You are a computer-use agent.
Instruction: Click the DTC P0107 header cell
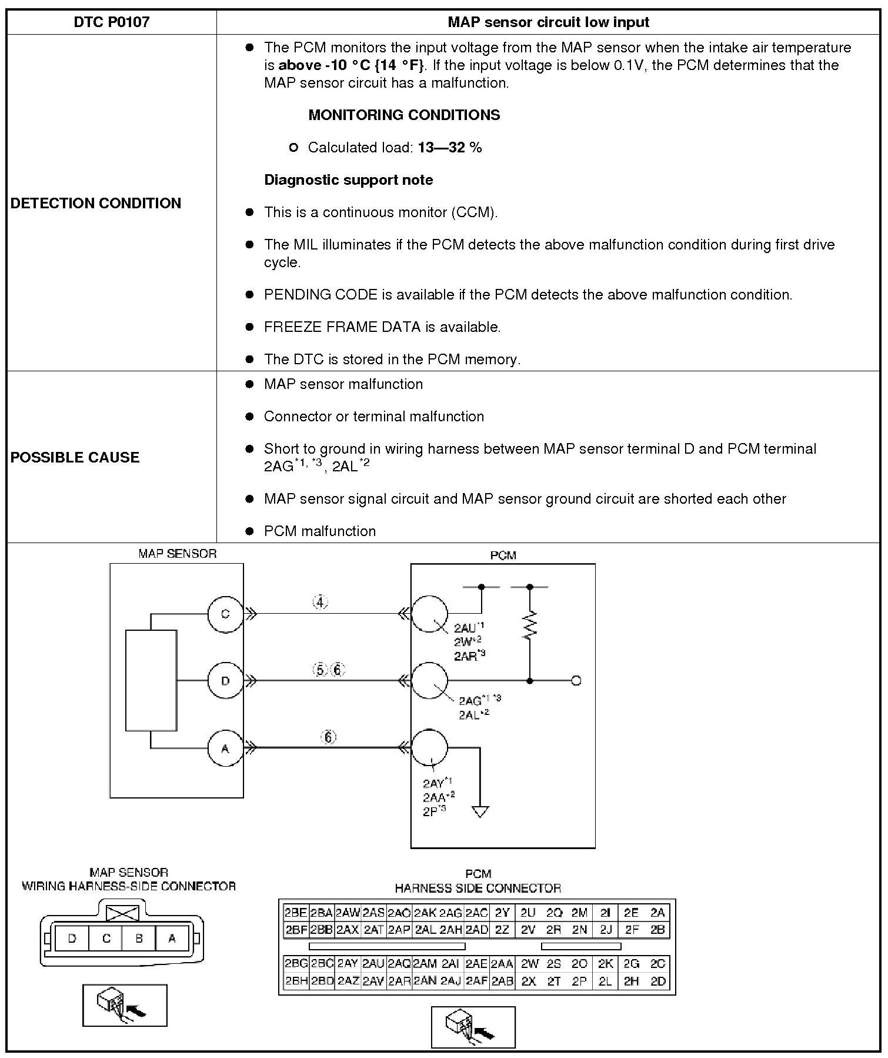coord(111,22)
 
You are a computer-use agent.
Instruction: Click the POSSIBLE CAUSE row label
coord(75,457)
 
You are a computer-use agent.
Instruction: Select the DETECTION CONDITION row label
coord(96,203)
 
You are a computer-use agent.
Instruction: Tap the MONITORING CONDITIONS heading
coord(404,115)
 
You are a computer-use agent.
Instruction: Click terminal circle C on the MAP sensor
coord(225,614)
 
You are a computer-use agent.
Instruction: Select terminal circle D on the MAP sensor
coord(225,681)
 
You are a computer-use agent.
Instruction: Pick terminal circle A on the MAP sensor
coord(225,748)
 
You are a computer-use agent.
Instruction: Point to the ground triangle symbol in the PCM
coord(480,811)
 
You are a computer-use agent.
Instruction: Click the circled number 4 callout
coord(320,603)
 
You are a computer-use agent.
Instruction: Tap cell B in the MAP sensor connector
coord(139,939)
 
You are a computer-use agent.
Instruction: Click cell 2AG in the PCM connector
coord(450,913)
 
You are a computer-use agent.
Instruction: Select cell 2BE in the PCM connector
coord(295,913)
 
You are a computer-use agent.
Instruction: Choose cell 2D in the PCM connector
coord(658,981)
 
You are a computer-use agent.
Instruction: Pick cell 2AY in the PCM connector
coord(348,964)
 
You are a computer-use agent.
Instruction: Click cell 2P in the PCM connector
coord(579,981)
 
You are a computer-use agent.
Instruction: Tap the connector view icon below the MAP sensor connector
coord(125,1005)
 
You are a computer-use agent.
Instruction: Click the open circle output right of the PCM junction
coord(576,681)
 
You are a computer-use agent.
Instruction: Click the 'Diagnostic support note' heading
coord(348,180)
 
